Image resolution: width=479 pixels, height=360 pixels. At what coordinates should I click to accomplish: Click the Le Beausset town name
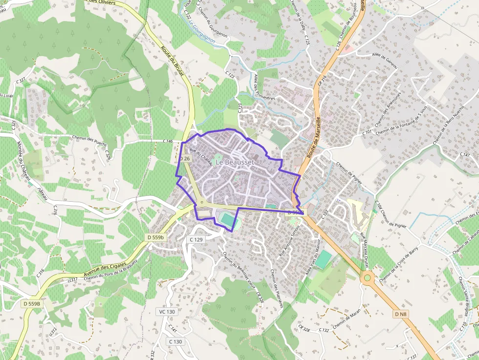235,162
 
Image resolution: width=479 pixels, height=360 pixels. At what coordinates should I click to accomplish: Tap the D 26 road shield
184,159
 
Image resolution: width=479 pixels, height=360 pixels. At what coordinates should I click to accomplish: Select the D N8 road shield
401,314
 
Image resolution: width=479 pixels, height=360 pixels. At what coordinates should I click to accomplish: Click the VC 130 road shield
167,312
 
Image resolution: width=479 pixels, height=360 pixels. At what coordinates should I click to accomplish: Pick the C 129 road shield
196,240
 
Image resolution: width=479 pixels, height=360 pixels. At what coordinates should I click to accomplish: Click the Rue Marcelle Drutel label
364,250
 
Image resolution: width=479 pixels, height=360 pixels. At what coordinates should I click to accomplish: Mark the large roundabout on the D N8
367,278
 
